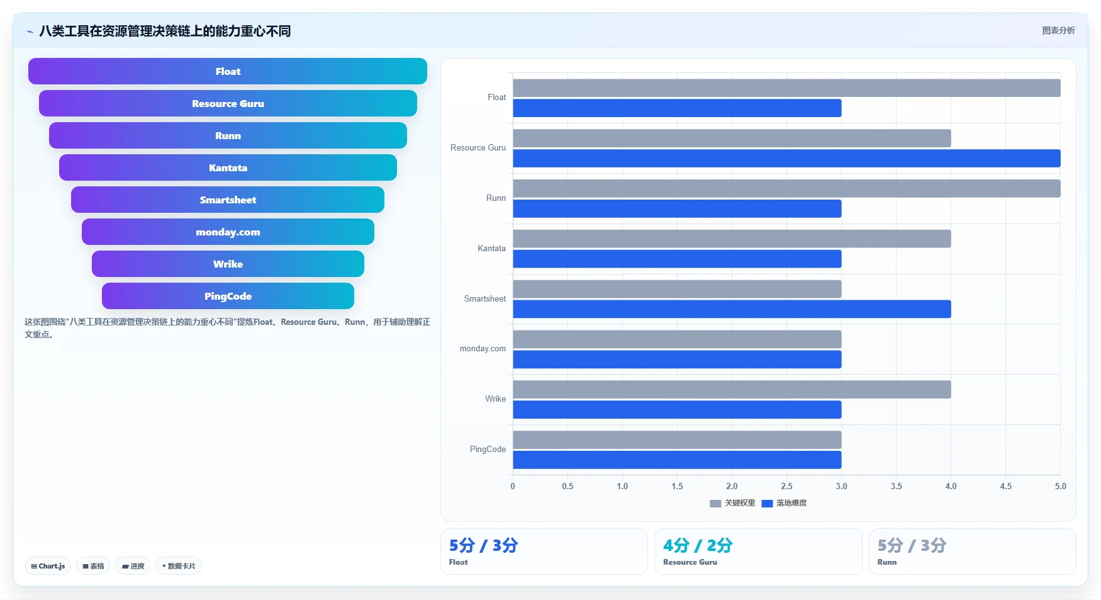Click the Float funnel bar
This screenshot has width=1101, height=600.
228,71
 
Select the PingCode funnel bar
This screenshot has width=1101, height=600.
228,296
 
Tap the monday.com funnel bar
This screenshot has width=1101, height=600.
228,232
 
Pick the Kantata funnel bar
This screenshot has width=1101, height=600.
228,167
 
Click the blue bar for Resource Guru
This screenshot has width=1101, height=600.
786,158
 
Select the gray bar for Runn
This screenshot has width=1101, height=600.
786,188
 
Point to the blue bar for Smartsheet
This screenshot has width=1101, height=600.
732,309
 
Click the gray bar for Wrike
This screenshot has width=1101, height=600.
732,390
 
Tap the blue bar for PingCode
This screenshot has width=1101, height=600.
677,460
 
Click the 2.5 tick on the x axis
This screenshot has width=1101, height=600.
786,486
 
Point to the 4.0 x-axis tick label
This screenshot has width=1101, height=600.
951,486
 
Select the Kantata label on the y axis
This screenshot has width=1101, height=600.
491,248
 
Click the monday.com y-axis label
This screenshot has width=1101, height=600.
483,348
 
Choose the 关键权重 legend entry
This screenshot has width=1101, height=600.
732,503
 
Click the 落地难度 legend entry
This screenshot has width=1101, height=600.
784,503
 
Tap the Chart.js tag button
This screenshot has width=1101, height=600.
48,566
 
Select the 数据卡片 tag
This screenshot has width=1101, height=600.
179,566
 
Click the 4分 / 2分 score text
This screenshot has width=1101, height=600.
698,545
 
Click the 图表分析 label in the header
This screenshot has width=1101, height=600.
1058,30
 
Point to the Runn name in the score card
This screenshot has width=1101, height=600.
887,562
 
